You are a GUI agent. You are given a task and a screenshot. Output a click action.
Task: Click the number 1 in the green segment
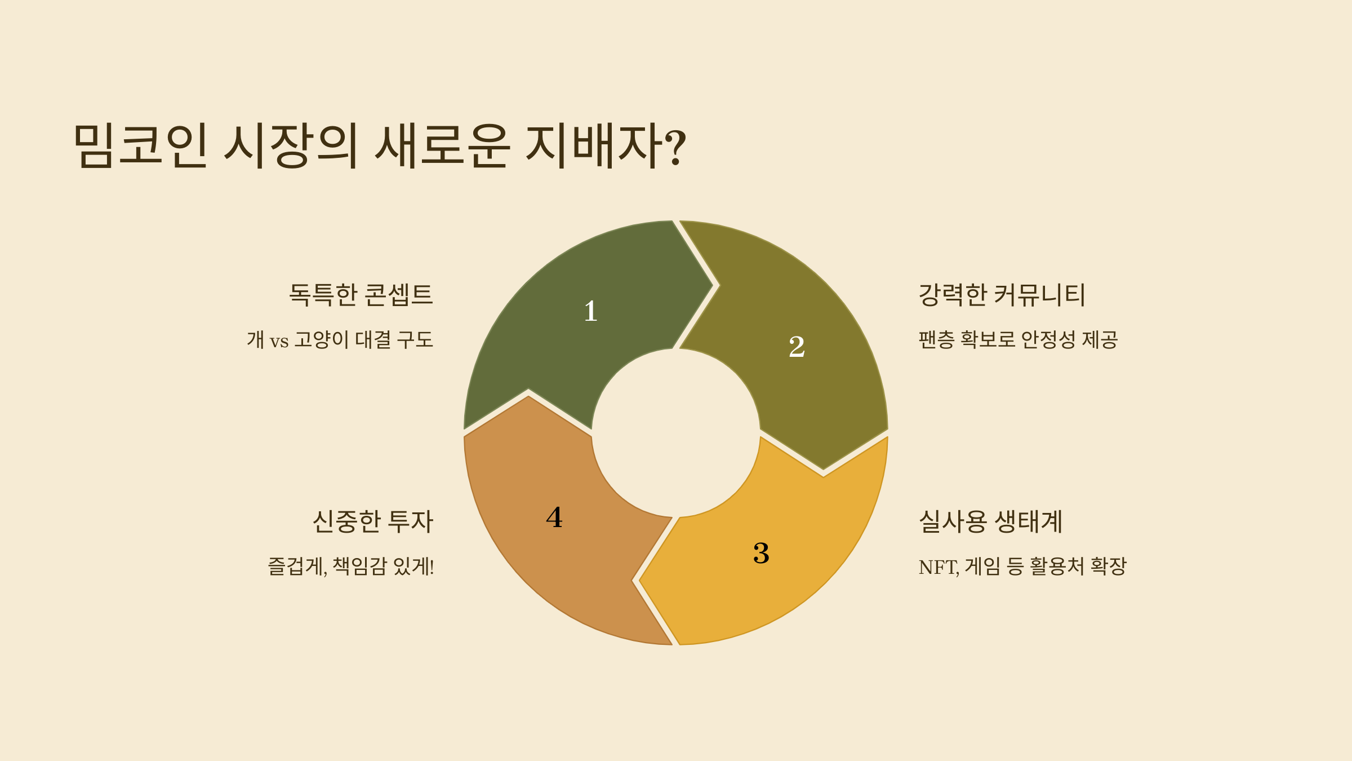point(590,311)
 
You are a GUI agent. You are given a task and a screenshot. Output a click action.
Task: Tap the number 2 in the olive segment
point(797,347)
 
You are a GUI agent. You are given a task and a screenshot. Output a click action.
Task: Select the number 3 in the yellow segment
point(761,553)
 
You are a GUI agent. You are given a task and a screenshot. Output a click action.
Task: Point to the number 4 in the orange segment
point(554,517)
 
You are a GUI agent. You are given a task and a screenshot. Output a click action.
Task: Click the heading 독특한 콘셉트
point(361,295)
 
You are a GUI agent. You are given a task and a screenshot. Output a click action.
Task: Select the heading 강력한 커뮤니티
point(1002,295)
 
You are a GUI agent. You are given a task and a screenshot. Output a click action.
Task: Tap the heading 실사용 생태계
point(990,521)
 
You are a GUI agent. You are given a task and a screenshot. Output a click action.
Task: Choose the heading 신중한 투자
point(373,521)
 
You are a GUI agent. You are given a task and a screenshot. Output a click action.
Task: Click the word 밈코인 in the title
point(141,145)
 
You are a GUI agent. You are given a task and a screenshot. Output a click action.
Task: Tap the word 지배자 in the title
point(594,145)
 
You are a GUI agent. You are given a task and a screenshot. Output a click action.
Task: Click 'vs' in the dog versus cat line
point(279,341)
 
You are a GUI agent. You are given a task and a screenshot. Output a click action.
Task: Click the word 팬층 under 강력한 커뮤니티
point(936,340)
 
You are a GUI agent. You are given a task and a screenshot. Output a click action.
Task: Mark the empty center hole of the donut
point(675,433)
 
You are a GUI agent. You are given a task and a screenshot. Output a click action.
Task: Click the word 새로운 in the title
point(443,145)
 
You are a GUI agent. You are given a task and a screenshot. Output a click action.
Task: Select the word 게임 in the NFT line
point(982,567)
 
